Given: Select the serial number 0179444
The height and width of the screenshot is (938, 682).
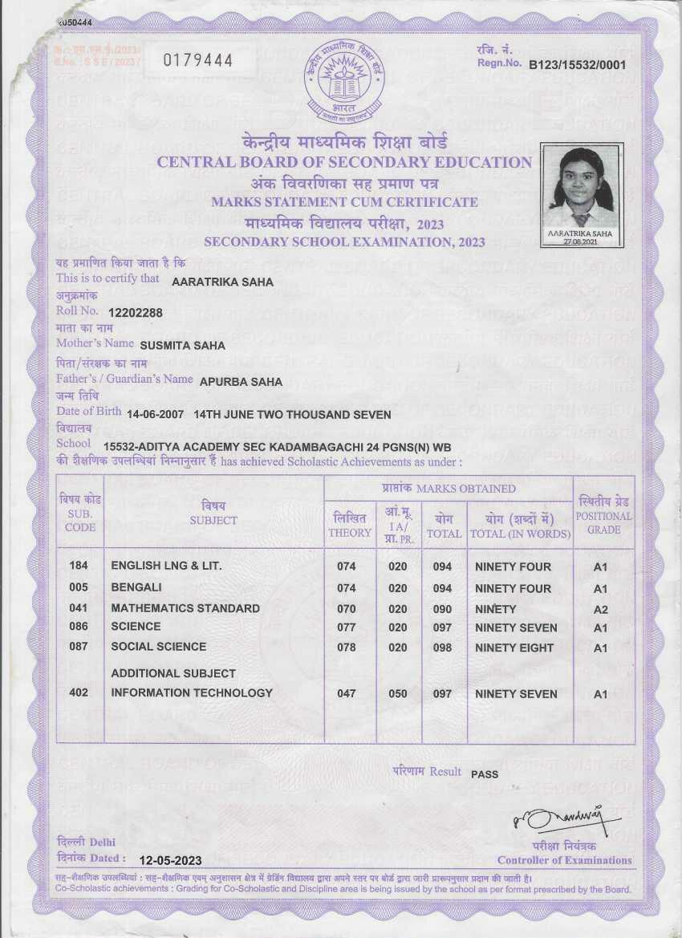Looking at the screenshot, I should coord(197,60).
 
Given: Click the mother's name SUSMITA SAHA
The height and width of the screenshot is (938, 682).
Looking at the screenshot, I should coord(182,346).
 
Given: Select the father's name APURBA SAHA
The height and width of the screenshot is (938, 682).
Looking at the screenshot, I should coord(241,382).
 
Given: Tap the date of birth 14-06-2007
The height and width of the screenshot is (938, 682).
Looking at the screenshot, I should coord(157,415).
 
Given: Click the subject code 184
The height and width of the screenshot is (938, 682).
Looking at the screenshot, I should coord(79,566).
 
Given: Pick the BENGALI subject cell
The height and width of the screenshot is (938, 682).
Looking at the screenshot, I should coord(136,587).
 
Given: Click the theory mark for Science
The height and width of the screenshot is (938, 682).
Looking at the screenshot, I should coord(347,627).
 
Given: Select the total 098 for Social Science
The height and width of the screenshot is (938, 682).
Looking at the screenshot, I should coord(443,648).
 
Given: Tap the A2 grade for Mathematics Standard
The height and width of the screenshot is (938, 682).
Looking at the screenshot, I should coord(601,610).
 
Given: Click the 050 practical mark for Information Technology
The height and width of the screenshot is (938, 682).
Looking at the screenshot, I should coord(398,693).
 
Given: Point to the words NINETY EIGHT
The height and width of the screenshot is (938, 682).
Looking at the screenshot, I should coord(514,648).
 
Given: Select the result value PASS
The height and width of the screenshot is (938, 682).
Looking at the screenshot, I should coord(485,774).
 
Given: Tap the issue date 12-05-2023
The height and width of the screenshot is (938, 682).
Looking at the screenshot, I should coord(170,860).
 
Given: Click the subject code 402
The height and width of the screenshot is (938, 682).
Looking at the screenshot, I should coord(79,692).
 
